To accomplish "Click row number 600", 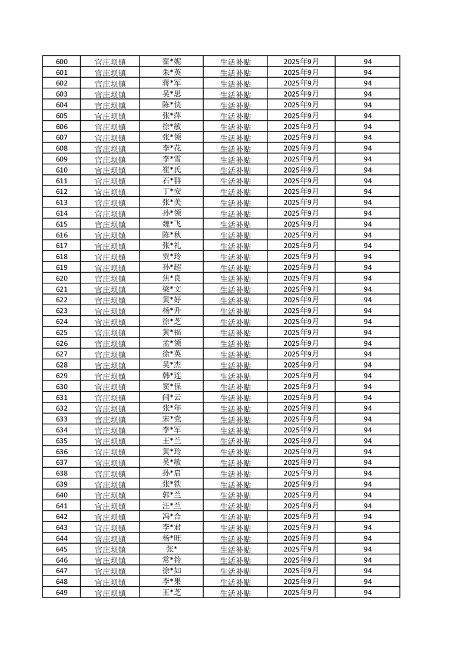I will [61, 62].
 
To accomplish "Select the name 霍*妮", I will [171, 61].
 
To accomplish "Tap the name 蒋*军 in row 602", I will [171, 83].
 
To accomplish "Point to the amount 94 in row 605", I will [367, 116].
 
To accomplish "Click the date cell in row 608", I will [301, 148].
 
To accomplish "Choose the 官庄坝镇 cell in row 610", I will [110, 170].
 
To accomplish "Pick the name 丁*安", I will [171, 191].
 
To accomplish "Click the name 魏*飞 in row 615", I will [171, 224].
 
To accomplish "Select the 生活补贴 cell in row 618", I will [236, 257].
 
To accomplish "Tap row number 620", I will [61, 279].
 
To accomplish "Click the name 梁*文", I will [171, 289].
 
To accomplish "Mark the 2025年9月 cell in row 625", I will [301, 333].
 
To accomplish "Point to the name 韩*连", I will [171, 376].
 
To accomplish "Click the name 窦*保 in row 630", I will [171, 386].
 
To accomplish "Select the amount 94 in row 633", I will [367, 419].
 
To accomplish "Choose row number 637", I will [61, 462].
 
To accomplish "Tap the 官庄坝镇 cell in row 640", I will [110, 495].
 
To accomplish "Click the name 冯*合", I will [171, 517].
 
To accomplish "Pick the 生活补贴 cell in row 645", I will [236, 550].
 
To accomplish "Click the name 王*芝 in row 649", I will [171, 592].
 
